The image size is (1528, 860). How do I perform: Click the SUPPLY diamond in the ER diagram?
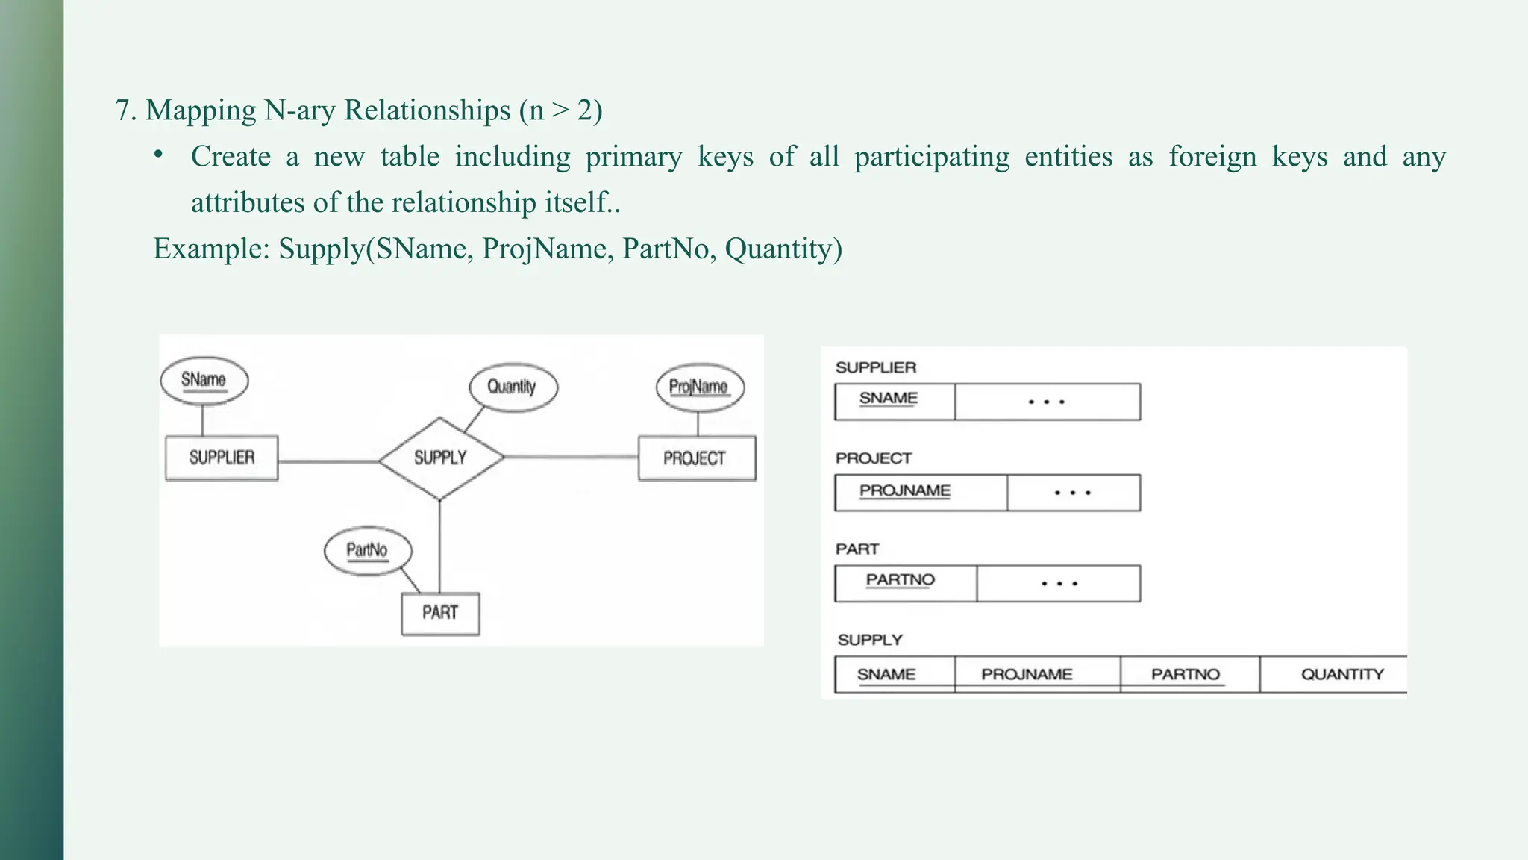click(440, 458)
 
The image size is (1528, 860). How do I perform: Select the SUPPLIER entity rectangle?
click(222, 458)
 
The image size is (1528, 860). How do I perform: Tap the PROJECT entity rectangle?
click(696, 458)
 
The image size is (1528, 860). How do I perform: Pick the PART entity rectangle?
click(440, 613)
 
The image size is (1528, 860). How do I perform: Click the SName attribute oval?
click(204, 380)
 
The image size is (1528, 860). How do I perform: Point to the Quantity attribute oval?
click(513, 387)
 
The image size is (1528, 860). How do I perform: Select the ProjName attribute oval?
click(699, 387)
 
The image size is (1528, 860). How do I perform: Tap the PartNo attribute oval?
click(367, 551)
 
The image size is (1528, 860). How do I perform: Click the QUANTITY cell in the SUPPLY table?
click(1341, 674)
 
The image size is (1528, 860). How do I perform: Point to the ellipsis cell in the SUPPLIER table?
click(1047, 402)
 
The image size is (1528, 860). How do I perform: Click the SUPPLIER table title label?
click(875, 367)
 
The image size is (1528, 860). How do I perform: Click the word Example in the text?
click(210, 249)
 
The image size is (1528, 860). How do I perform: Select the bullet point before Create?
click(158, 155)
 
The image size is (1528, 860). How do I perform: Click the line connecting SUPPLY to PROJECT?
click(571, 457)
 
